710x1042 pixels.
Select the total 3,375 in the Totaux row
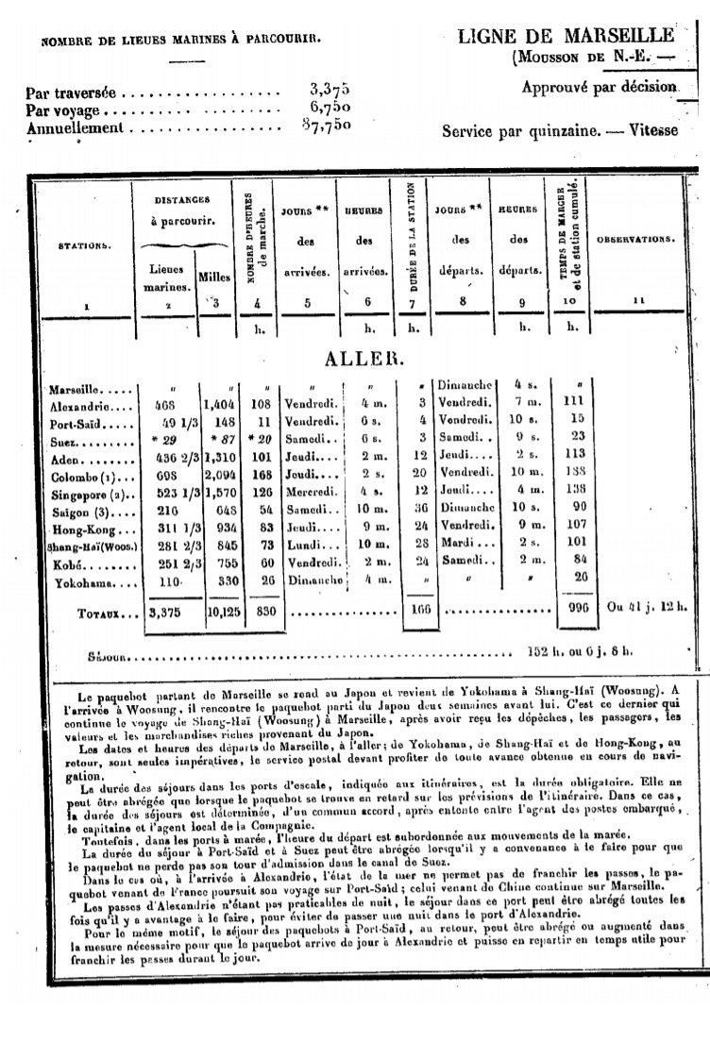pos(171,611)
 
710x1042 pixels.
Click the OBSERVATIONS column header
pos(636,239)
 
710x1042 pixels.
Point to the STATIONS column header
pos(85,245)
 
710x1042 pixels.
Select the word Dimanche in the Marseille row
pos(461,387)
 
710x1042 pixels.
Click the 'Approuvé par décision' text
pos(600,87)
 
